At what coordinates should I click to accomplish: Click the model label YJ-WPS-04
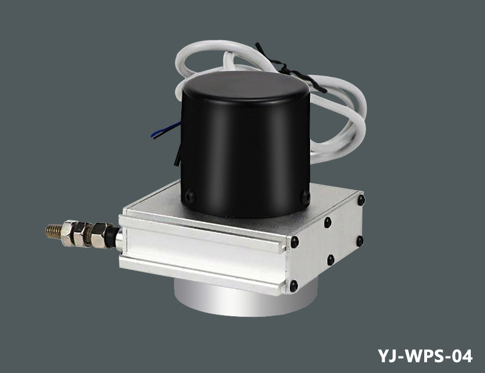pyautogui.click(x=425, y=356)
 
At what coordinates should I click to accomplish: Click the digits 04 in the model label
pyautogui.click(x=462, y=356)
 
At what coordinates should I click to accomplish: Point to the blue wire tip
pyautogui.click(x=152, y=135)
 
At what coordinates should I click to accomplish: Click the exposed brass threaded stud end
pyautogui.click(x=54, y=231)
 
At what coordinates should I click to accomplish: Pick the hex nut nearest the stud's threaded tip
pyautogui.click(x=69, y=233)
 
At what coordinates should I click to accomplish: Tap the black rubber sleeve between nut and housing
pyautogui.click(x=111, y=237)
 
